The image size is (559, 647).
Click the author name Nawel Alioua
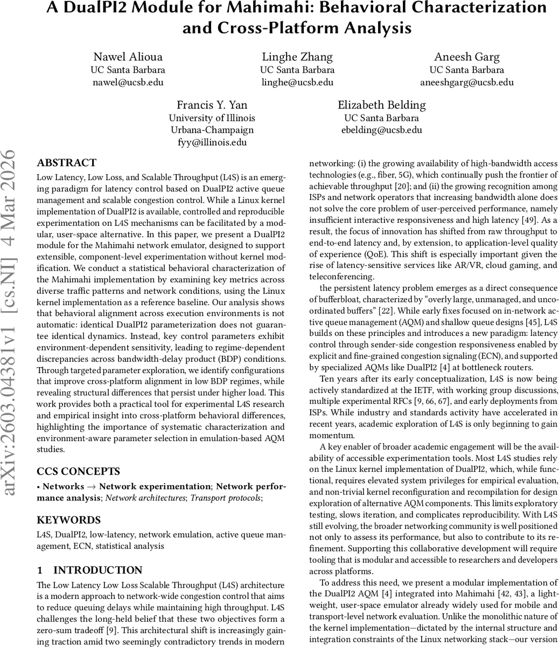point(128,57)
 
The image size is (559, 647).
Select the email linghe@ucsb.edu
point(297,82)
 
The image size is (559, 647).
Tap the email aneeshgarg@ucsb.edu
point(466,82)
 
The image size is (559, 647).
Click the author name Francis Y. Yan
point(212,105)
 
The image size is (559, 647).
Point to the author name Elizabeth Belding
point(381,105)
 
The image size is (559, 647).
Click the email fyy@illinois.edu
point(212,142)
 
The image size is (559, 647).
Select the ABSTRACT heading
point(66,163)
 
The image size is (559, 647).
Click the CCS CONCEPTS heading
point(78,471)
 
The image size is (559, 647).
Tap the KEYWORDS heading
point(68,520)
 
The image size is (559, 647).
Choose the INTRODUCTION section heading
point(97,570)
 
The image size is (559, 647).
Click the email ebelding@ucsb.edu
point(381,130)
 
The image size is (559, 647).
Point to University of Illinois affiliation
point(212,118)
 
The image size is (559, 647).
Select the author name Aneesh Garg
point(466,57)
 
